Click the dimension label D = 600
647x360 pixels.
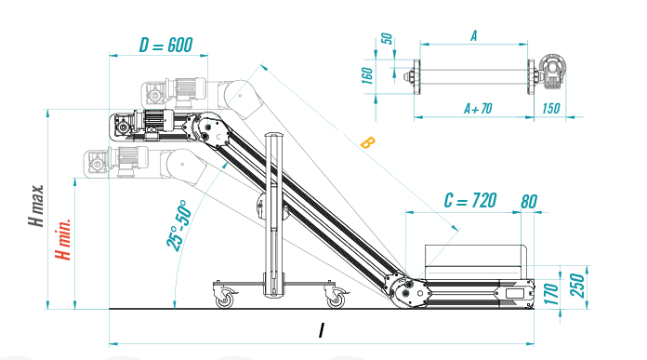pos(165,45)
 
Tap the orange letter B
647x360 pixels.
pos(367,143)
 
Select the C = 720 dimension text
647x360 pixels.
pos(470,201)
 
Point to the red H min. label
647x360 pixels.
pos(63,239)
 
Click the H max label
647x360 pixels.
pos(36,206)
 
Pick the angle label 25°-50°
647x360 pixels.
pos(179,226)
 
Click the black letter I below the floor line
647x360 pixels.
pos(322,330)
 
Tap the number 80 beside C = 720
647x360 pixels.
pos(529,202)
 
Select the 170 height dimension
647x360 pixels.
pos(551,294)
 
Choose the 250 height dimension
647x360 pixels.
pos(577,286)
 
